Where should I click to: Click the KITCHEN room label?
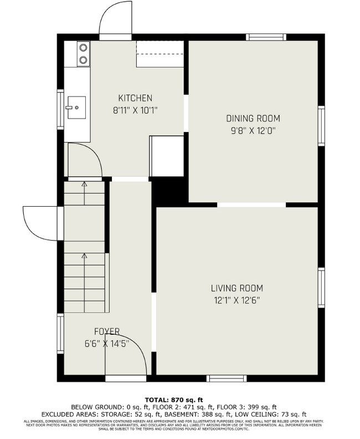point(135,98)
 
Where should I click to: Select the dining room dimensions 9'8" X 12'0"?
point(253,131)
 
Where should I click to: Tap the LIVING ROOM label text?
point(236,288)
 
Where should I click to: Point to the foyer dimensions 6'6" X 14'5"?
point(103,344)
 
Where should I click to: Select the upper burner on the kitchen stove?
point(83,47)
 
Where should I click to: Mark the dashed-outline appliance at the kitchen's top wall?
point(160,54)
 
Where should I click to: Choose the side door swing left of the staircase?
point(40,223)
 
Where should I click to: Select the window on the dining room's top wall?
point(266,37)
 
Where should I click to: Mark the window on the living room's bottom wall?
point(227,379)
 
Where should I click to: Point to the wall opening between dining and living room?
point(251,205)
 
